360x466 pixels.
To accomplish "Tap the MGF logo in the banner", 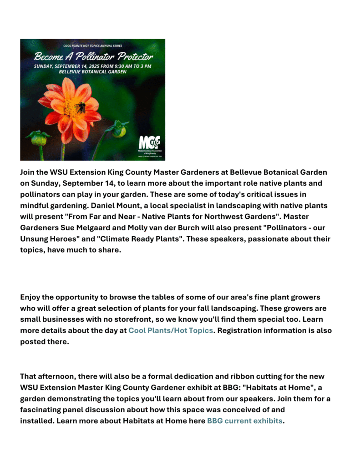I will coord(149,142).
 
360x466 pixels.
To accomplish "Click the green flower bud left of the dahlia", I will coord(39,138).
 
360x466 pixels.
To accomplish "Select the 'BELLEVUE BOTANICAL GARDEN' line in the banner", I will coord(92,72).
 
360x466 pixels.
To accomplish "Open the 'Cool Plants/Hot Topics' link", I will coord(170,330).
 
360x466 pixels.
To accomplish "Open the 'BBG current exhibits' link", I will coord(244,421).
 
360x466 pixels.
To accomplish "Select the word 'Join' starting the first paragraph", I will coord(28,172).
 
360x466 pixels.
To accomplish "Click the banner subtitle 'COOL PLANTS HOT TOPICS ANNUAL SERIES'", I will coord(93,46).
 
